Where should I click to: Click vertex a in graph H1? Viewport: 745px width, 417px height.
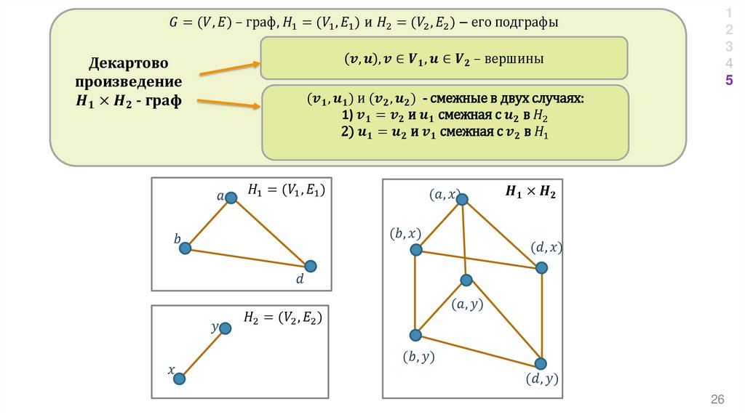(231, 198)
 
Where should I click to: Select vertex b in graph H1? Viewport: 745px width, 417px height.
(185, 248)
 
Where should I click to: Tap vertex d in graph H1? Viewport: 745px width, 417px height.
(311, 266)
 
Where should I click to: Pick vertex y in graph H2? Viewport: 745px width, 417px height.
(225, 328)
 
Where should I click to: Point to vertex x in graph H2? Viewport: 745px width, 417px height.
(179, 378)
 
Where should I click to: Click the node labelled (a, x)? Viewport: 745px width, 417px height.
(462, 199)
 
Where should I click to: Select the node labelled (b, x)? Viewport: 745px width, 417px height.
(416, 250)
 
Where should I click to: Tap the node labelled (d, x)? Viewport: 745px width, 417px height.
(541, 268)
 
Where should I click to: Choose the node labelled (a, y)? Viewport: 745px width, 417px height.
(466, 280)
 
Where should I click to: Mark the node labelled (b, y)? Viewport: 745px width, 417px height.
(415, 335)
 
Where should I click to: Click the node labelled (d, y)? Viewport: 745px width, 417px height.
(541, 363)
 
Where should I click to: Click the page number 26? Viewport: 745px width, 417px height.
(718, 400)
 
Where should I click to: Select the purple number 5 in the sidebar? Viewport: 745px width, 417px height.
(728, 81)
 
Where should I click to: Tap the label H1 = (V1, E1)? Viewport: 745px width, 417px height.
(285, 190)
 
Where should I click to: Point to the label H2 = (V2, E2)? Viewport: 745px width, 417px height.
(282, 317)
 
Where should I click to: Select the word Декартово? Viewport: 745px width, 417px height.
(128, 63)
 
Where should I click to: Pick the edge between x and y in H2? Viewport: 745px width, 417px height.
(202, 354)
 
